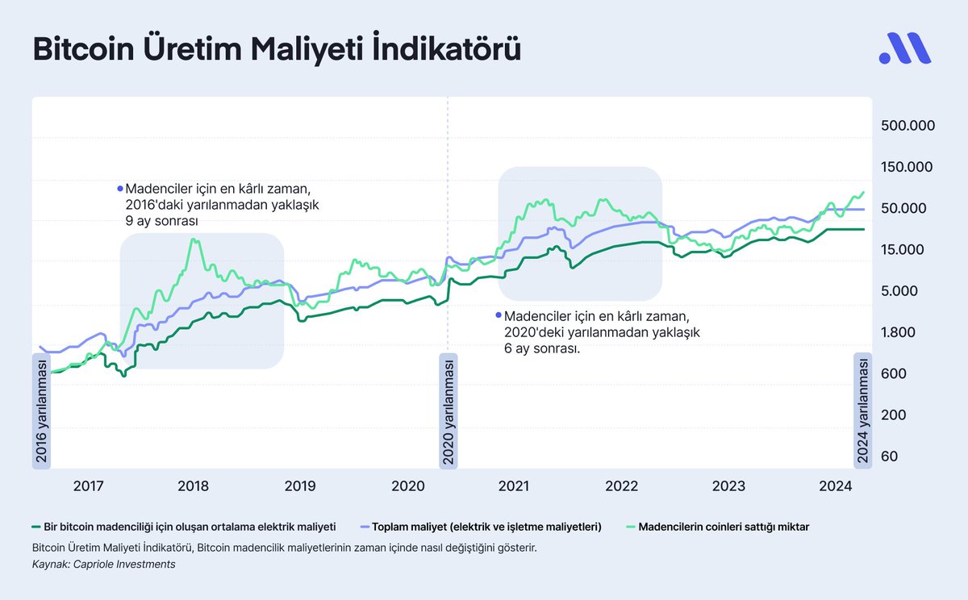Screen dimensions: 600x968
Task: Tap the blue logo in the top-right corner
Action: [x=904, y=49]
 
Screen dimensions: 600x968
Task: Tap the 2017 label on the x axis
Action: [x=89, y=486]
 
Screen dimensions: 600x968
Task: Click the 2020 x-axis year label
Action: [x=407, y=486]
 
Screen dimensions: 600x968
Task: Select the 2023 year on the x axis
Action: [x=728, y=486]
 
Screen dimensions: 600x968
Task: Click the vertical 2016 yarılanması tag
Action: [x=41, y=410]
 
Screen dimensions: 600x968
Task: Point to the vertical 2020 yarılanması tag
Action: [x=448, y=410]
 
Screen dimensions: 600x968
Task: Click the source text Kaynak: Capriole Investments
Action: [x=103, y=565]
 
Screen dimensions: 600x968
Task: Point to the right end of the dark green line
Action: [x=864, y=229]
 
